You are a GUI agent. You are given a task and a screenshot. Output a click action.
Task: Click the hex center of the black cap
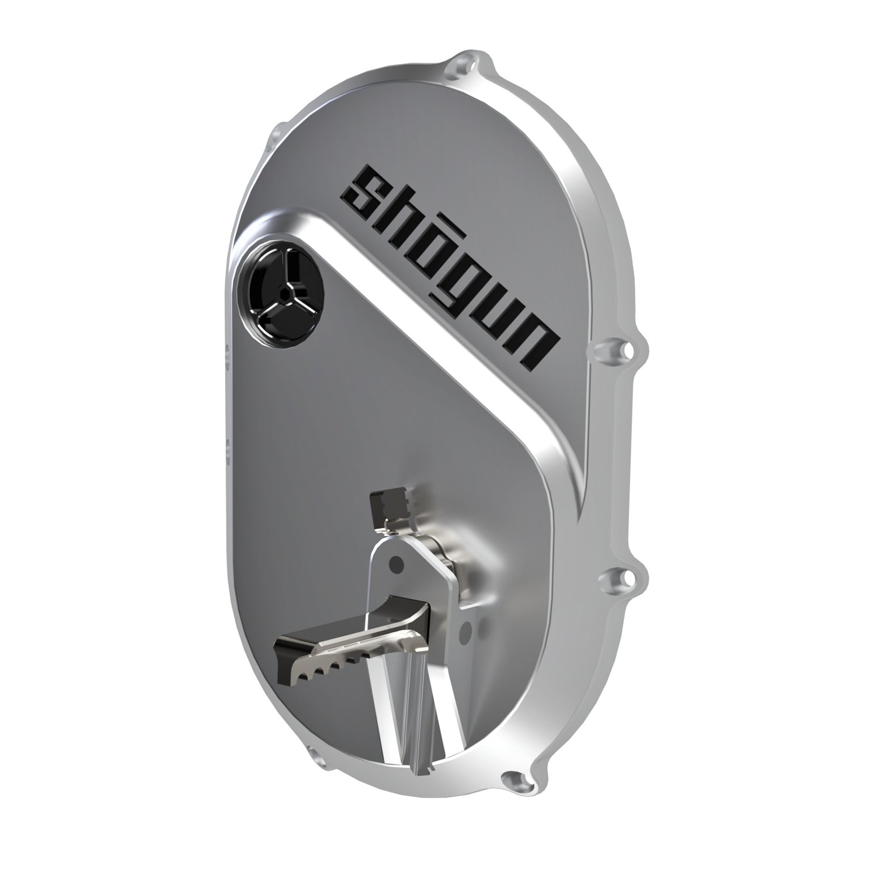[x=284, y=290]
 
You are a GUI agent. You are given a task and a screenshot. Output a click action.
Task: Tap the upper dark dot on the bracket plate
[x=395, y=564]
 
